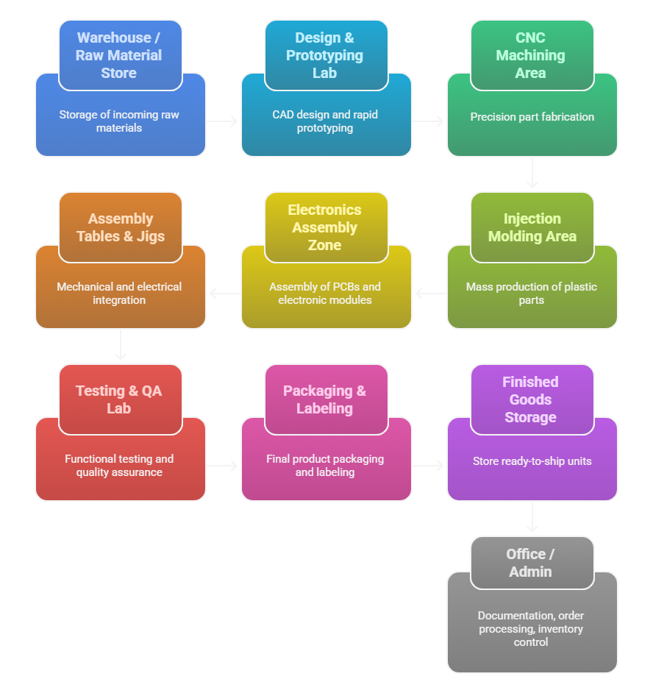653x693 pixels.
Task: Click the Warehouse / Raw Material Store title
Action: pyautogui.click(x=119, y=55)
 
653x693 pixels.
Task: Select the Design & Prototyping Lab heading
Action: pyautogui.click(x=324, y=55)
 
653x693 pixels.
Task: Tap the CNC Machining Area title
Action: pyautogui.click(x=530, y=55)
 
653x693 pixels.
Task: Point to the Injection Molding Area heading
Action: pyautogui.click(x=532, y=227)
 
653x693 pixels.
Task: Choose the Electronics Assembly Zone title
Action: pyautogui.click(x=324, y=227)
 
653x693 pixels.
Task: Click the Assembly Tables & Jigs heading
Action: pyautogui.click(x=120, y=227)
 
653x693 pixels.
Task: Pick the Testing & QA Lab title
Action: pyautogui.click(x=119, y=399)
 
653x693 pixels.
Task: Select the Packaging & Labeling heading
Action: pyautogui.click(x=324, y=399)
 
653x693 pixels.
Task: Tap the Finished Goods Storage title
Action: pyautogui.click(x=530, y=399)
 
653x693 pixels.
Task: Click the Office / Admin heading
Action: pyautogui.click(x=530, y=563)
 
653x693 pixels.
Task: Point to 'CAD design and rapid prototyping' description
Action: pyautogui.click(x=324, y=121)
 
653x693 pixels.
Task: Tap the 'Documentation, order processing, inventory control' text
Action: pyautogui.click(x=531, y=628)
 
